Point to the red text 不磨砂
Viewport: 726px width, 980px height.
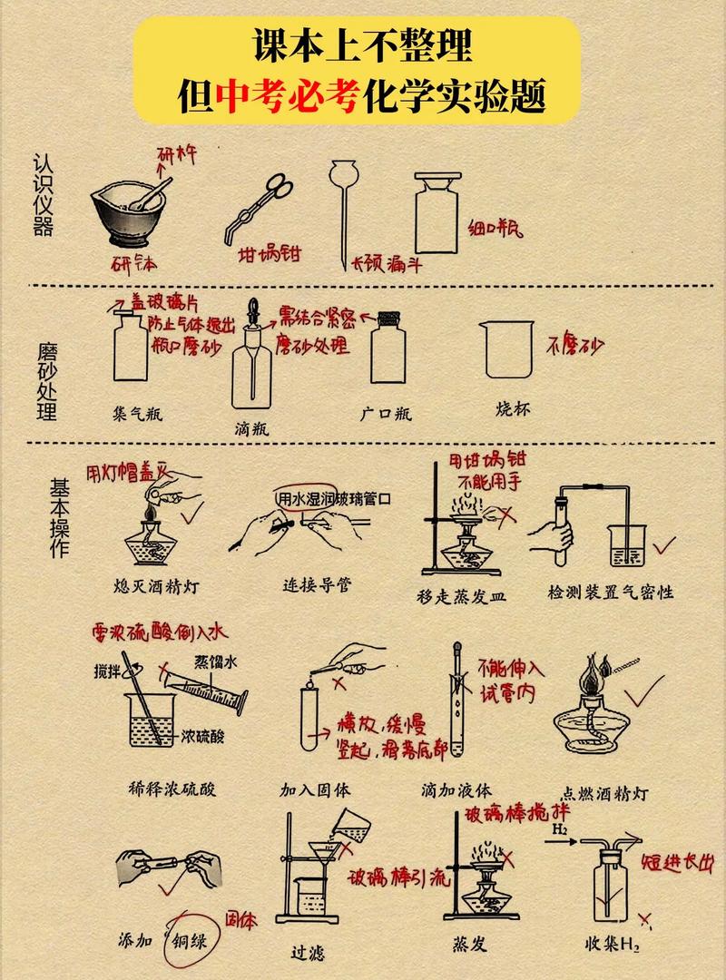coord(574,345)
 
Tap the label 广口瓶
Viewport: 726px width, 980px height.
coord(386,414)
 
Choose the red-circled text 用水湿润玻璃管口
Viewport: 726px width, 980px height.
coord(334,498)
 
